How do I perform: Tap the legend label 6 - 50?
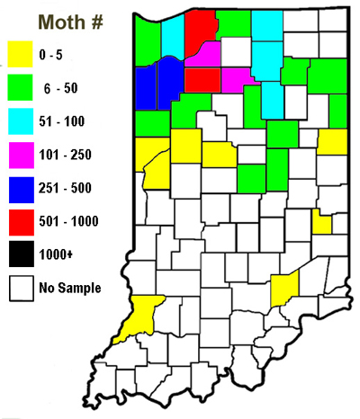pos(58,86)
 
